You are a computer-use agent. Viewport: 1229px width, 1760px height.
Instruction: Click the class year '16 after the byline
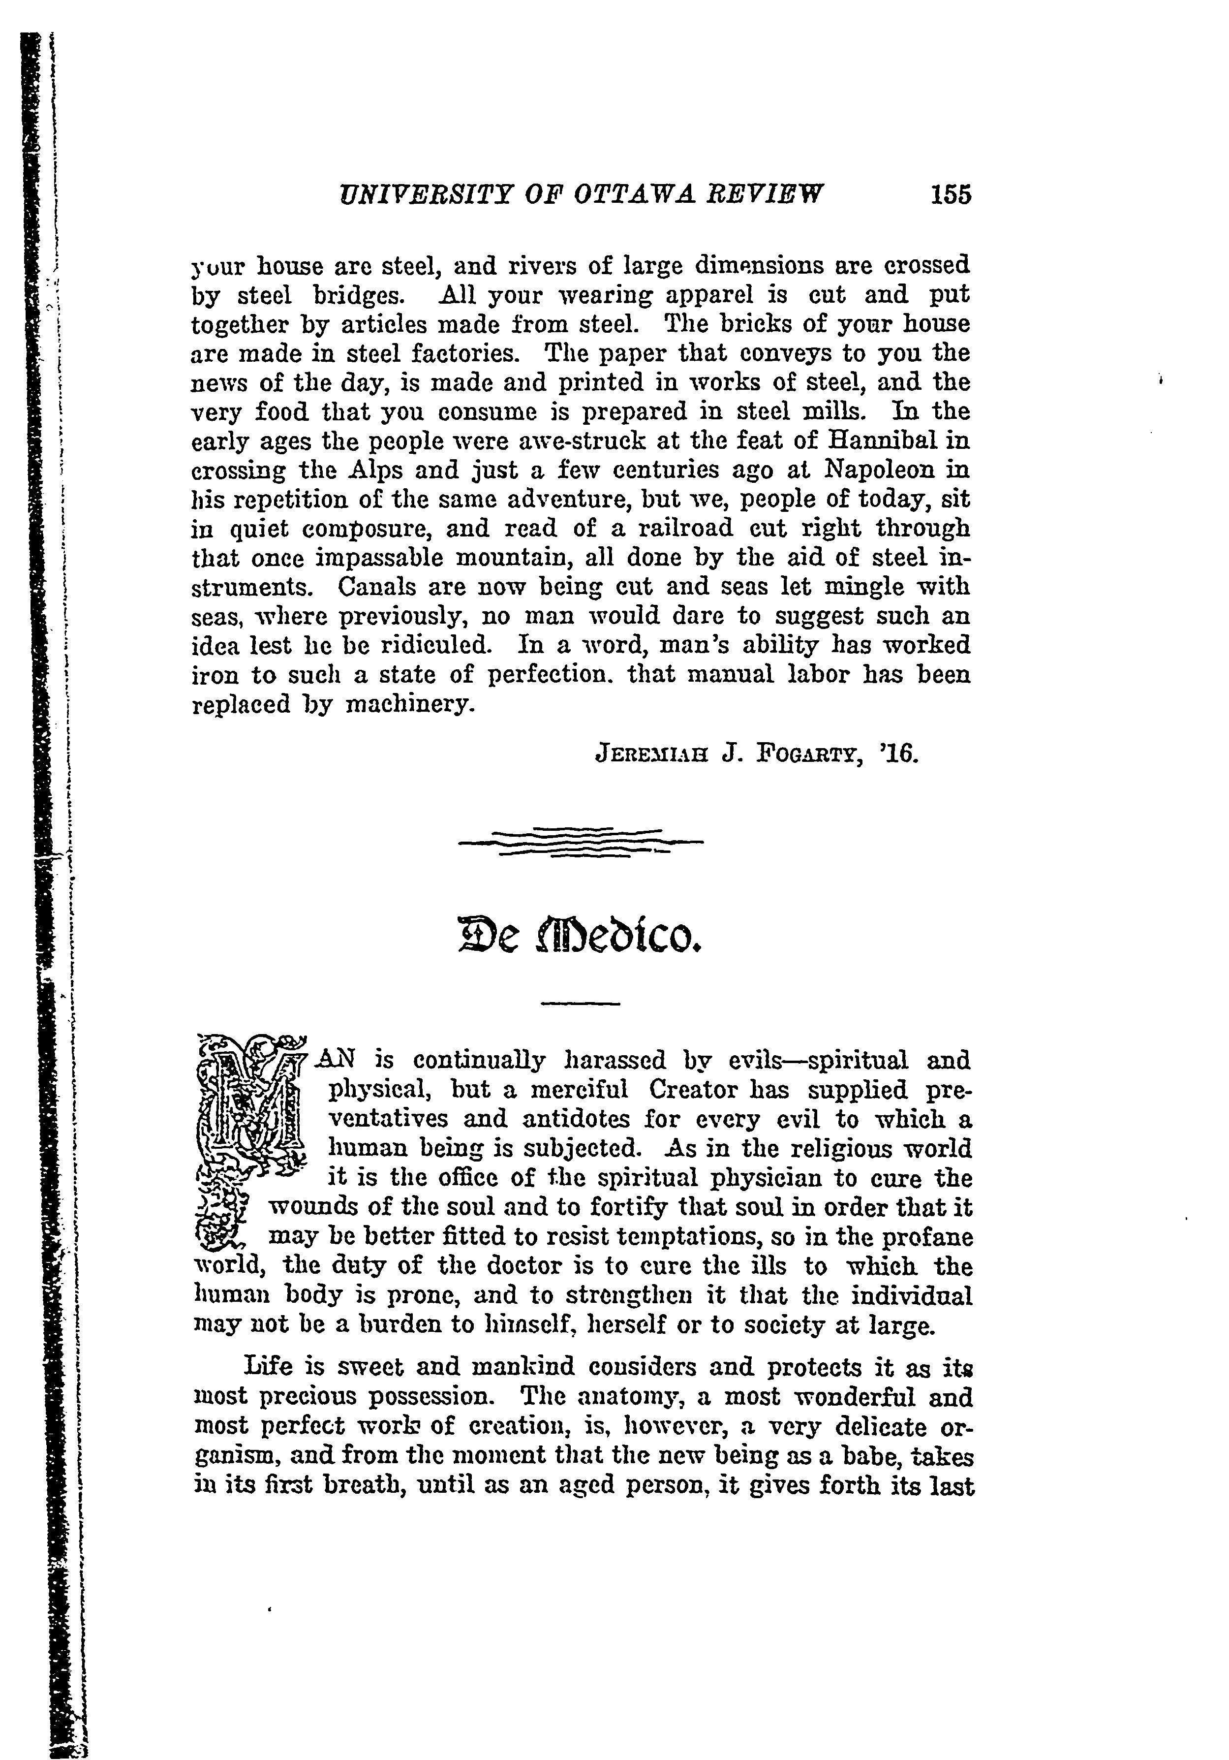(x=899, y=754)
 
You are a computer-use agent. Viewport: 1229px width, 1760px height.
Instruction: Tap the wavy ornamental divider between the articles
(x=580, y=843)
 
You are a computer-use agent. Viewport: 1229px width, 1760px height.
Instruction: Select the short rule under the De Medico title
(x=580, y=1004)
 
